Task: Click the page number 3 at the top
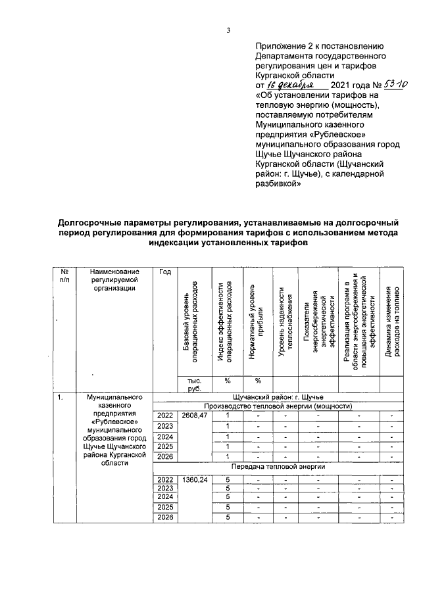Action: click(x=228, y=30)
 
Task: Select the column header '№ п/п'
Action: click(x=64, y=275)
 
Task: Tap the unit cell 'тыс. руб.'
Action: click(x=195, y=385)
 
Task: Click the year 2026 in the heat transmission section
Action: click(x=165, y=519)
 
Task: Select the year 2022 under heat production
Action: click(x=165, y=416)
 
